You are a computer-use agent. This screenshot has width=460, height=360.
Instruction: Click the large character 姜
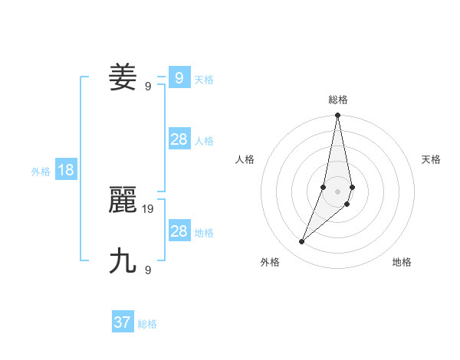click(123, 77)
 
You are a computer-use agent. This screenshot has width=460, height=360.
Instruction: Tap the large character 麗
click(123, 201)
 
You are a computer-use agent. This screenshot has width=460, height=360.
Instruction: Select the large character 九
click(123, 261)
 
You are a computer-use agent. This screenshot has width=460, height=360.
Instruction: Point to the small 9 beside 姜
click(148, 87)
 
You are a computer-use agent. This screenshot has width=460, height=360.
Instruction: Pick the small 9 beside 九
click(148, 270)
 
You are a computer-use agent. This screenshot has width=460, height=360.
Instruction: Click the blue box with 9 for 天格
click(179, 78)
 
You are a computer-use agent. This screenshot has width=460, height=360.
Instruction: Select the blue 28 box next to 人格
click(179, 139)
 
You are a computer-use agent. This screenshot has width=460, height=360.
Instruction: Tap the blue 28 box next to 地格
click(179, 231)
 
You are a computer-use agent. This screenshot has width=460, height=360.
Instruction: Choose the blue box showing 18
click(66, 170)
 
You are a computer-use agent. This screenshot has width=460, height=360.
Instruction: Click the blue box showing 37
click(123, 322)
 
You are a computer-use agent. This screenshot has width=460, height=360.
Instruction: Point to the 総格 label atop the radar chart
click(338, 100)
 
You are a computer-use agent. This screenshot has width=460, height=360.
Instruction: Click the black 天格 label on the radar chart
click(431, 159)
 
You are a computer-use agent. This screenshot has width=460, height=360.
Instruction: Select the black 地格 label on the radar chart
click(402, 262)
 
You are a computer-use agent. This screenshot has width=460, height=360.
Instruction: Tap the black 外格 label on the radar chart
click(270, 262)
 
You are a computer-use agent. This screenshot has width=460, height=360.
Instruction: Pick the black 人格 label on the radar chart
click(245, 159)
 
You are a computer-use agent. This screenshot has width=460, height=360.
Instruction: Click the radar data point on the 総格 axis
click(338, 115)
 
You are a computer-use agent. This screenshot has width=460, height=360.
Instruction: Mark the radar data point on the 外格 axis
click(302, 242)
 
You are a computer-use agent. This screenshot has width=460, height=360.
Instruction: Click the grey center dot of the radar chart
click(338, 191)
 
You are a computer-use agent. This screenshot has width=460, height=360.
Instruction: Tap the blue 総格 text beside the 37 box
click(147, 324)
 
